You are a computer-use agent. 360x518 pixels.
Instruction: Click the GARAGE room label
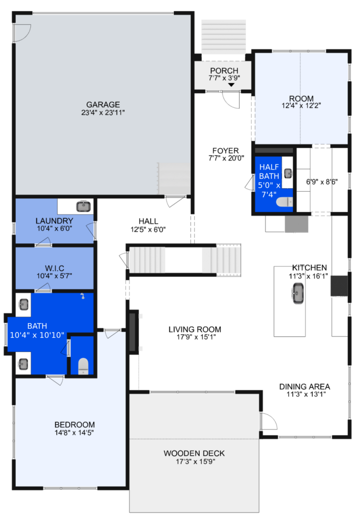pyautogui.click(x=103, y=104)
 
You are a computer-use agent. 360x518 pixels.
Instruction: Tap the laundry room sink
pyautogui.click(x=84, y=206)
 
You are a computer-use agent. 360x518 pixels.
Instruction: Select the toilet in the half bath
pyautogui.click(x=284, y=201)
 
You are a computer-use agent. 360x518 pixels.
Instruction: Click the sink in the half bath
pyautogui.click(x=288, y=173)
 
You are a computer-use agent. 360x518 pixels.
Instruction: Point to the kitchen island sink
pyautogui.click(x=298, y=293)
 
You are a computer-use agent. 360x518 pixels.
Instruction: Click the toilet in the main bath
pyautogui.click(x=83, y=366)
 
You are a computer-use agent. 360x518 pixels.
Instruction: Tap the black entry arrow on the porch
pyautogui.click(x=231, y=85)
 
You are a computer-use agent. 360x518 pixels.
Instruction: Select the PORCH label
pyautogui.click(x=224, y=71)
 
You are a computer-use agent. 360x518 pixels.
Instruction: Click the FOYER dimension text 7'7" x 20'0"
pyautogui.click(x=226, y=158)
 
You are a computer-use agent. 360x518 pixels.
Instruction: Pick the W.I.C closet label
pyautogui.click(x=55, y=268)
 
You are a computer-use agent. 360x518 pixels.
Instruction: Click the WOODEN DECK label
pyautogui.click(x=194, y=453)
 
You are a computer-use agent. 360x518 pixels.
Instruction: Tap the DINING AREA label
pyautogui.click(x=304, y=386)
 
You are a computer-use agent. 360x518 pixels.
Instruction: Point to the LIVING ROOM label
pyautogui.click(x=195, y=329)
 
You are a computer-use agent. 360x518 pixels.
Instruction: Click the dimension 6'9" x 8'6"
pyautogui.click(x=322, y=182)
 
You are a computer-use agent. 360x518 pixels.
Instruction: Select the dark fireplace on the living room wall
pyautogui.click(x=133, y=332)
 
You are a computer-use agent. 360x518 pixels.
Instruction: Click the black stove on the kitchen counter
pyautogui.click(x=339, y=285)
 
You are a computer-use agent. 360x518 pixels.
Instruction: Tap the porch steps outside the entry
pyautogui.click(x=223, y=36)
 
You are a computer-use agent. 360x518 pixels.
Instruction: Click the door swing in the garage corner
pyautogui.click(x=22, y=33)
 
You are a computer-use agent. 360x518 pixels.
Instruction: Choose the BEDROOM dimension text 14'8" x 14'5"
pyautogui.click(x=74, y=433)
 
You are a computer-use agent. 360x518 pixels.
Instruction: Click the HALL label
pyautogui.click(x=148, y=221)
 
